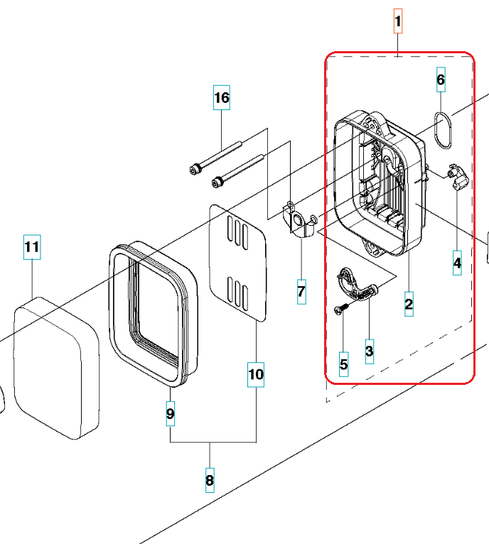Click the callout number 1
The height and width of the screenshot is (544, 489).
(x=398, y=22)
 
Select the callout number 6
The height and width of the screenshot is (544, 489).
(x=441, y=80)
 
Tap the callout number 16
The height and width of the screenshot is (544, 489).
(x=222, y=97)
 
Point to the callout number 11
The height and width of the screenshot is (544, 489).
(x=32, y=247)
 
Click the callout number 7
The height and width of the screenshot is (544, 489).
(x=301, y=290)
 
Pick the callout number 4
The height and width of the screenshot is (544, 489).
(x=457, y=263)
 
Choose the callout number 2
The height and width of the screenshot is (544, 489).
(x=409, y=305)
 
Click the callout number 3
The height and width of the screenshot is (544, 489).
(x=369, y=349)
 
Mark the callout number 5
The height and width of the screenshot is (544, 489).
(x=344, y=365)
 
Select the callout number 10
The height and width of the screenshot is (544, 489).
(x=256, y=374)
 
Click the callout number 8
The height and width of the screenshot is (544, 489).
(x=210, y=481)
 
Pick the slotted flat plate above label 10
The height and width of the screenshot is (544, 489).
(x=237, y=263)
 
